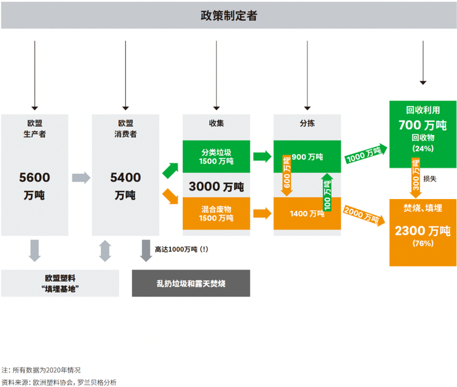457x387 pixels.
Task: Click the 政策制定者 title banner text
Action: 228,16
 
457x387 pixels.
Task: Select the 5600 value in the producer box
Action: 34,177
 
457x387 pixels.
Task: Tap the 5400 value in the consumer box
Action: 125,177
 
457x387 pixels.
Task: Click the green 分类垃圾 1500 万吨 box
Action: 215,156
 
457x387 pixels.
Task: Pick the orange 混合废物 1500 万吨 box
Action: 215,213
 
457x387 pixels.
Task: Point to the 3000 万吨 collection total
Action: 215,186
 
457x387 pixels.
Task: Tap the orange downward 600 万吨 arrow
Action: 286,176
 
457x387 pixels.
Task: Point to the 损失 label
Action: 430,178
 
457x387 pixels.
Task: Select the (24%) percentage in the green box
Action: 422,149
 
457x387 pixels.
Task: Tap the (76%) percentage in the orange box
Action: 422,243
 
